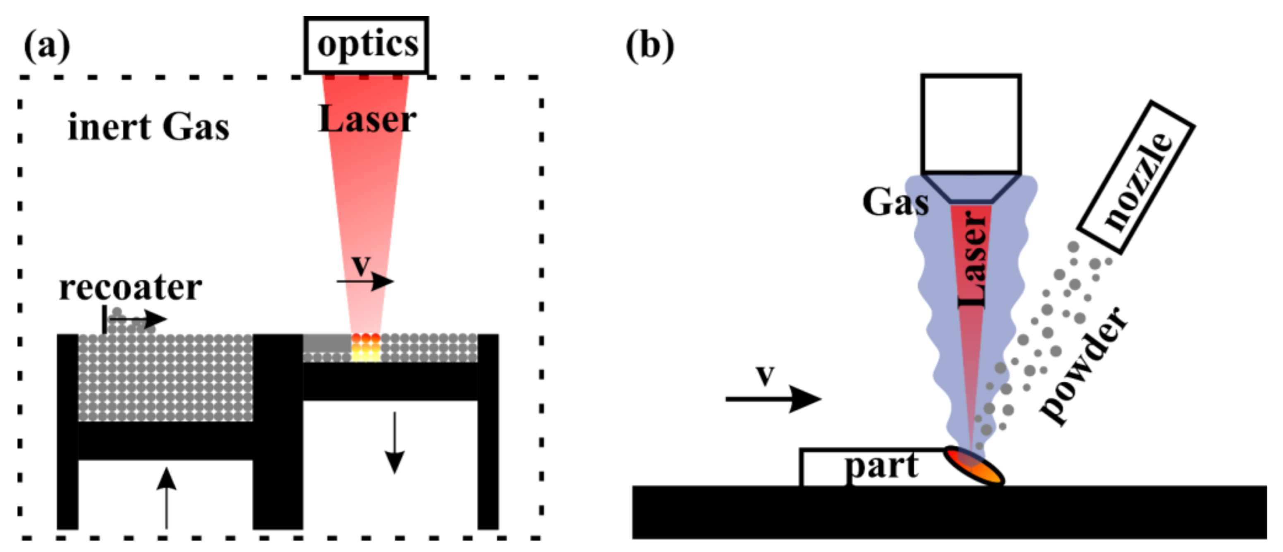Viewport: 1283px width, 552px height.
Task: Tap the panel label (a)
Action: (47, 46)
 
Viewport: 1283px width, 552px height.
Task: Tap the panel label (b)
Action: (650, 46)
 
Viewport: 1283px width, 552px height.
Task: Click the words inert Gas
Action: (149, 127)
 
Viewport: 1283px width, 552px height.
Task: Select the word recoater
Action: (130, 288)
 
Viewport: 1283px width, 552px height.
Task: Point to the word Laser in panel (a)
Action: (367, 119)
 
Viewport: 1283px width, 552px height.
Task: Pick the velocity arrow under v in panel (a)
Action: (365, 282)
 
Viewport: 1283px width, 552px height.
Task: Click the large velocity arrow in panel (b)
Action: (772, 399)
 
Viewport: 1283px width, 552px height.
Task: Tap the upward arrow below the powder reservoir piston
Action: (166, 498)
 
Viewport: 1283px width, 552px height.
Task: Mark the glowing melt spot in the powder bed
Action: (366, 347)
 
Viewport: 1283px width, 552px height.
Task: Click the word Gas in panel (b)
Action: (895, 203)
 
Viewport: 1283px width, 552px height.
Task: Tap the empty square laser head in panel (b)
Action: (971, 124)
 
